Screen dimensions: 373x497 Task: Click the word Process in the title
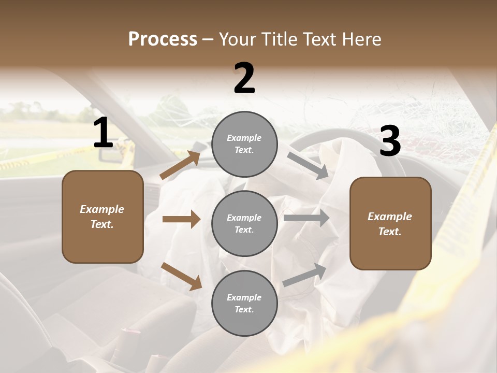[163, 39]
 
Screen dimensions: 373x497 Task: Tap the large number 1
[103, 133]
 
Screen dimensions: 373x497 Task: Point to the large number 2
[244, 78]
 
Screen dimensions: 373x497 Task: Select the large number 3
[390, 141]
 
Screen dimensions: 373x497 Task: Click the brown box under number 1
[103, 217]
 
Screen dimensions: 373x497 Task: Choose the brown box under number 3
[390, 224]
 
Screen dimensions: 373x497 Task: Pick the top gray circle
[244, 144]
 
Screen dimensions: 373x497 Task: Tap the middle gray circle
[244, 224]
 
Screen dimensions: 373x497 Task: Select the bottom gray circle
[244, 304]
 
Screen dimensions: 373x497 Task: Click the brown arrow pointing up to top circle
[180, 165]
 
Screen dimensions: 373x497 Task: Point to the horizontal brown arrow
[181, 219]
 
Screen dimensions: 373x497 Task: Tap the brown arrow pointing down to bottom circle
[181, 276]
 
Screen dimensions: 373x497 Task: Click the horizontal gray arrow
[306, 218]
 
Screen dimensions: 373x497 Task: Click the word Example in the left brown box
[102, 209]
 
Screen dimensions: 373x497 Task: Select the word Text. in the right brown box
[390, 232]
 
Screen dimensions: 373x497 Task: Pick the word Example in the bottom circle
[244, 297]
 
